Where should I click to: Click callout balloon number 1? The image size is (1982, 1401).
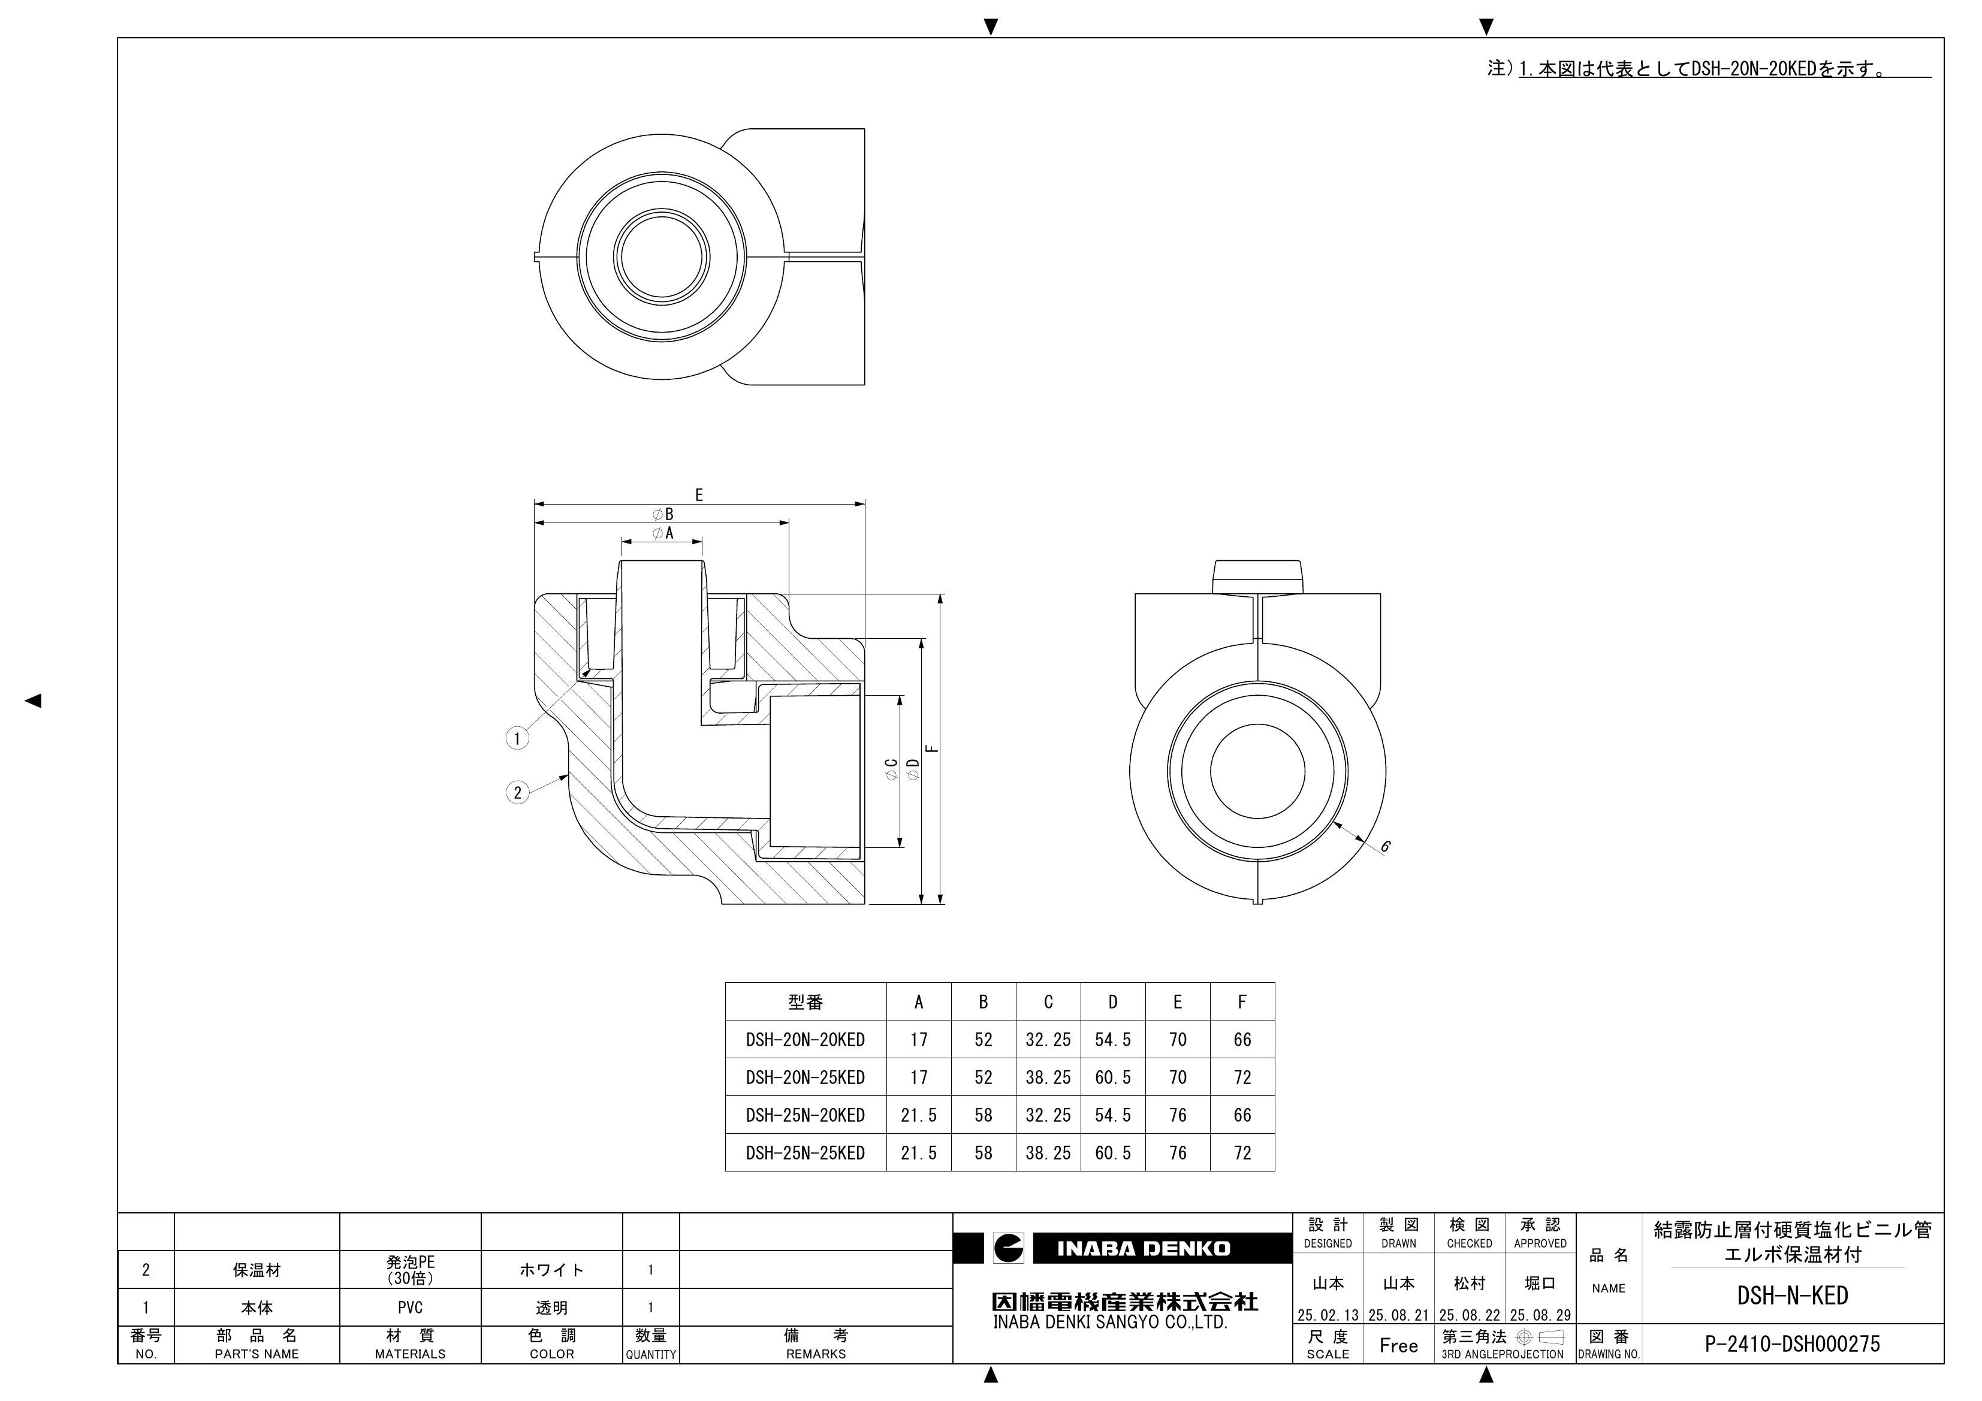click(517, 738)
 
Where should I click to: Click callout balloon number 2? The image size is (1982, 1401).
click(517, 792)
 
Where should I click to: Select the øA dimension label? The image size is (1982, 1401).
click(663, 533)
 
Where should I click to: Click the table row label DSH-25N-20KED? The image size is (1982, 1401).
click(804, 1115)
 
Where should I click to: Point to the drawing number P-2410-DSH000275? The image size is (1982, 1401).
click(1792, 1344)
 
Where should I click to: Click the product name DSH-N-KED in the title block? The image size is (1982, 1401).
click(1792, 1296)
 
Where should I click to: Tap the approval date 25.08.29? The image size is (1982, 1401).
click(1540, 1315)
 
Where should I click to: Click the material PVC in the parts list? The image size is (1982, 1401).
click(410, 1308)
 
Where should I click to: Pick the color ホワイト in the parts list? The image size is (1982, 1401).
click(551, 1270)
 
